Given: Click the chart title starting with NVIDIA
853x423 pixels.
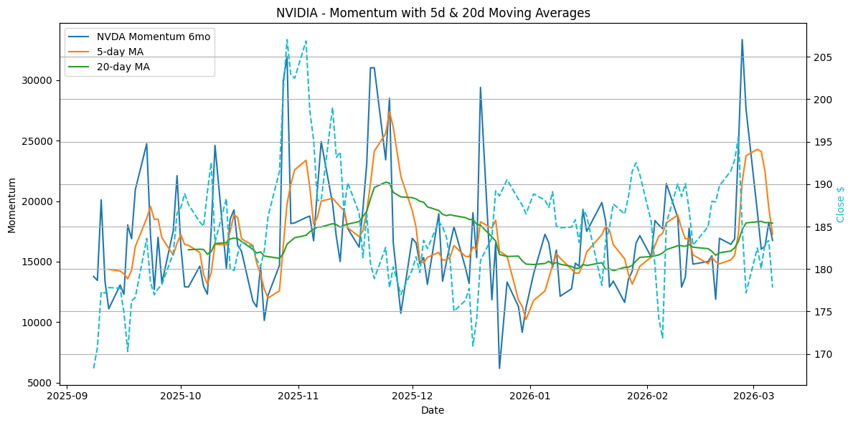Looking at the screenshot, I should tap(433, 13).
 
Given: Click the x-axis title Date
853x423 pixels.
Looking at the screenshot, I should tap(433, 410).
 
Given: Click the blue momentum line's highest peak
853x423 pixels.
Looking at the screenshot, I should tap(742, 39).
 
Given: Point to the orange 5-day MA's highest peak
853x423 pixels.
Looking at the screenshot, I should tap(389, 111).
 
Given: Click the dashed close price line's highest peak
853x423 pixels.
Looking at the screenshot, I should tap(287, 39).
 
